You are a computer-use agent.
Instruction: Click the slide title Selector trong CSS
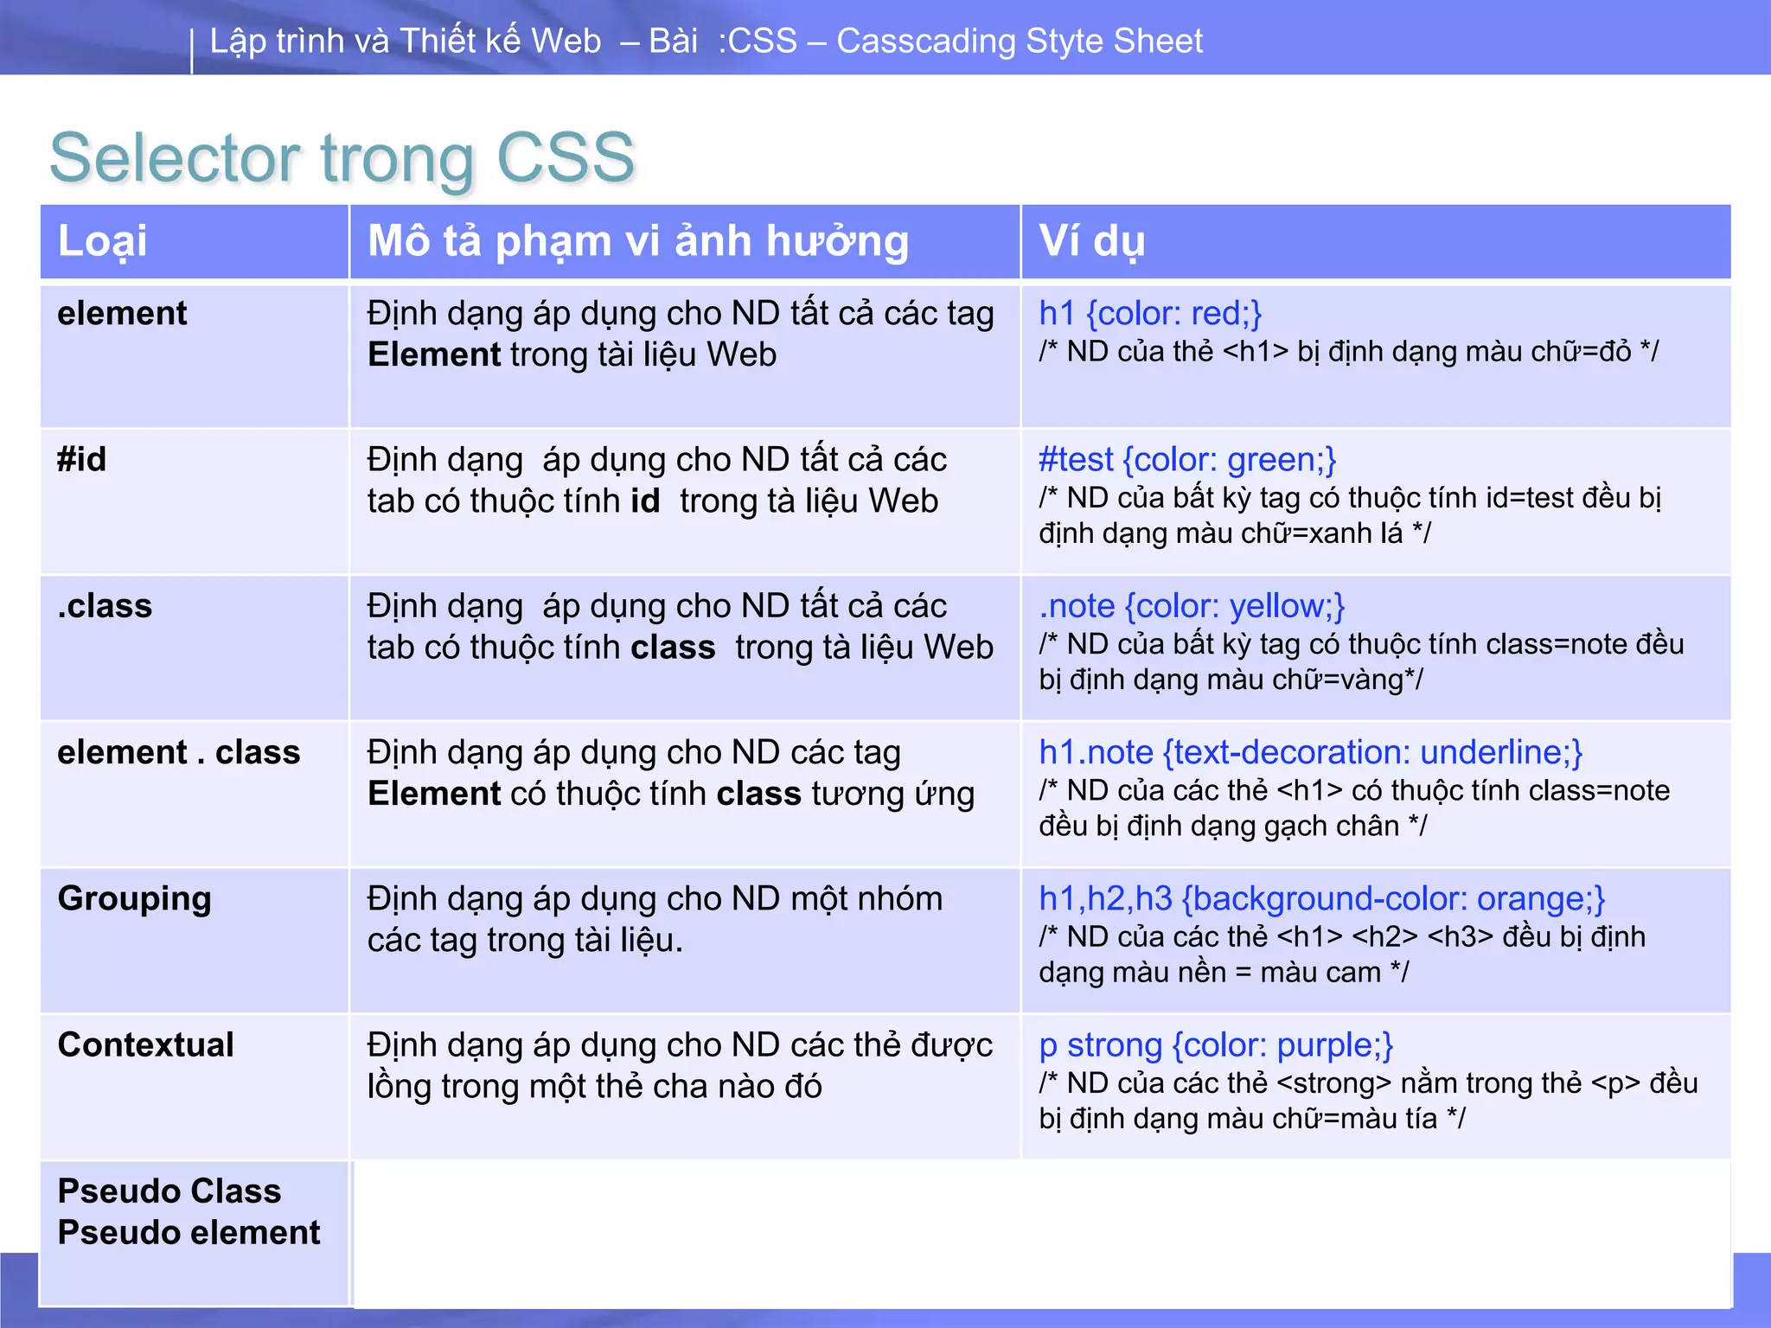(x=342, y=158)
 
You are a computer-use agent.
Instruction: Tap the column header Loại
(x=102, y=241)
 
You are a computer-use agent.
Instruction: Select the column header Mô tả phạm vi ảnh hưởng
(x=638, y=241)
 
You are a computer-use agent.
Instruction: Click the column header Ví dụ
(x=1091, y=241)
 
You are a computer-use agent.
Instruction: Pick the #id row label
(x=82, y=459)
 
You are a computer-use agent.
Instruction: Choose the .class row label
(x=105, y=606)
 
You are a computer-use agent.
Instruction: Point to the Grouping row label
(x=134, y=898)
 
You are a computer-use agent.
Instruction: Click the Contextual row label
(x=145, y=1044)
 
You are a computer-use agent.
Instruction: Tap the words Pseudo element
(x=189, y=1232)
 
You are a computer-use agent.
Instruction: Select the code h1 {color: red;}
(x=1150, y=313)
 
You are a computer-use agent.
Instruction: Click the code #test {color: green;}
(x=1187, y=459)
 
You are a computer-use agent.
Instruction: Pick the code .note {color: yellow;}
(x=1192, y=606)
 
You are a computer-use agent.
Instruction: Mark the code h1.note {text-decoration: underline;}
(x=1310, y=752)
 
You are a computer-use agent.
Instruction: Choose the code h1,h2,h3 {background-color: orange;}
(x=1321, y=898)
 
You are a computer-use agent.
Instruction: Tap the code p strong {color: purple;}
(x=1216, y=1044)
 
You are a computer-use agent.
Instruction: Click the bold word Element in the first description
(x=434, y=354)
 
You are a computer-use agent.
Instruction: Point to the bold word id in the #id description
(x=644, y=501)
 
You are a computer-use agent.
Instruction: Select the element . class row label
(x=178, y=752)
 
